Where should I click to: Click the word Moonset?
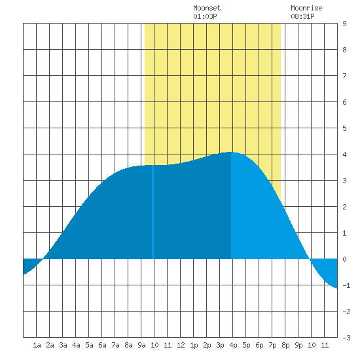point(207,8)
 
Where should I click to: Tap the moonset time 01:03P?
point(205,16)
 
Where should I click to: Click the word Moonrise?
point(306,8)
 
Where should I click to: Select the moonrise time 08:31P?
point(302,16)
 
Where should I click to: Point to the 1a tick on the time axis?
point(37,345)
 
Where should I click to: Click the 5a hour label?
point(89,345)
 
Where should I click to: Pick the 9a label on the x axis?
point(141,345)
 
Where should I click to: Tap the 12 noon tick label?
point(181,345)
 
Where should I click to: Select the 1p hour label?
point(194,345)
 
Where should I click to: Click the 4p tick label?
point(233,345)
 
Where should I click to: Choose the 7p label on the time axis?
point(272,345)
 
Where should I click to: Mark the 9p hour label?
point(298,345)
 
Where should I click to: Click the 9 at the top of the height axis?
point(344,24)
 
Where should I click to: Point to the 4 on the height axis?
point(344,154)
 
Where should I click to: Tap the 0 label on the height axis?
point(344,259)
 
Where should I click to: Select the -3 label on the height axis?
point(346,338)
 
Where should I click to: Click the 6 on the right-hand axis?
point(344,102)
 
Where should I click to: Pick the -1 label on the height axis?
point(346,285)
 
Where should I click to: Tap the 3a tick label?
point(63,345)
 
